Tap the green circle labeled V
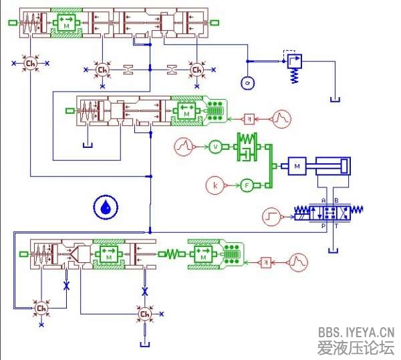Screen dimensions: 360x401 (215, 146)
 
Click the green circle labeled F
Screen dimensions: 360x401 (247, 185)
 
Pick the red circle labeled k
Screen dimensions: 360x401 (216, 185)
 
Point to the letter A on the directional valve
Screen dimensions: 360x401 (323, 201)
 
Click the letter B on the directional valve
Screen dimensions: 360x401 (336, 201)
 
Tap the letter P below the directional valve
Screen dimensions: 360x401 (323, 227)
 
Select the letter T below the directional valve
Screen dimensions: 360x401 (336, 227)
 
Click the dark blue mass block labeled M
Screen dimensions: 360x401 (297, 165)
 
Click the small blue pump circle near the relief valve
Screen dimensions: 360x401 (246, 83)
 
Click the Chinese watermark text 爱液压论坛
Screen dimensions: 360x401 (356, 347)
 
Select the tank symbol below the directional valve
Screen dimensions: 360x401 (333, 250)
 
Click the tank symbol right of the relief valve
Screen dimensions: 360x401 (336, 100)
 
